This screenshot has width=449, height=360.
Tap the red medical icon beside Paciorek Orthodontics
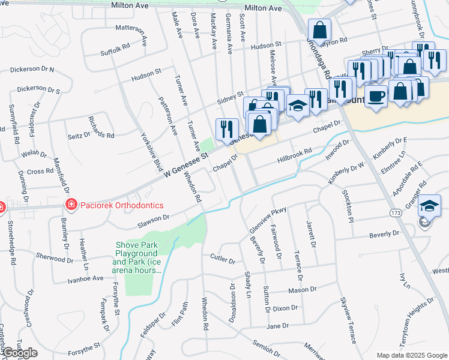pos(71,205)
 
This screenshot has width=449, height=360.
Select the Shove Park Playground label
pos(138,257)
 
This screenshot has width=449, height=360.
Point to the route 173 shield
pos(395,213)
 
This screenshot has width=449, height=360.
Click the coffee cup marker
pos(376,96)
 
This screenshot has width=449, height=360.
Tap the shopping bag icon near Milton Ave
pos(320,29)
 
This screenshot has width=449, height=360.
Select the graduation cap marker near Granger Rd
pos(429,205)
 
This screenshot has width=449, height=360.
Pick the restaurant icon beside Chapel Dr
pos(227,128)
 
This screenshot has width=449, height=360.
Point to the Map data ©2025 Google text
pos(411,355)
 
